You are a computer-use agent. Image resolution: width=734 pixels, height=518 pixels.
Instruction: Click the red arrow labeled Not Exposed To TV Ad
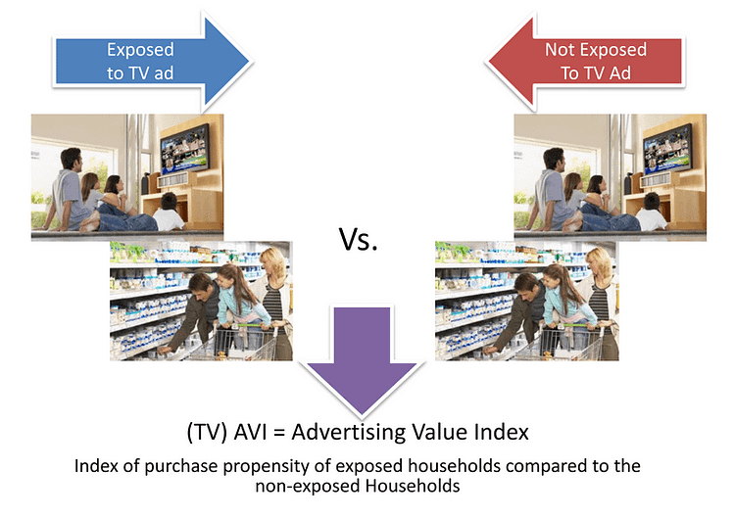[x=585, y=62]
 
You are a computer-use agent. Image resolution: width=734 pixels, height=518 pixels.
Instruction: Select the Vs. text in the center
[x=358, y=239]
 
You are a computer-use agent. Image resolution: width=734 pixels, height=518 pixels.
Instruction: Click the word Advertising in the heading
[x=347, y=433]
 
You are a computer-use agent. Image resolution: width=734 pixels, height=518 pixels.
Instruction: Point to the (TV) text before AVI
[x=207, y=432]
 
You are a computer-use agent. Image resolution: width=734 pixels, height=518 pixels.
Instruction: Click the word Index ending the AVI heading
[x=502, y=431]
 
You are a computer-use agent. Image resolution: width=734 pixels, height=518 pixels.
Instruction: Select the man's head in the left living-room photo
[x=72, y=160]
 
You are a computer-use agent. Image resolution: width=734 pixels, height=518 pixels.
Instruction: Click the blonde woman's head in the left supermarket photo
[x=273, y=263]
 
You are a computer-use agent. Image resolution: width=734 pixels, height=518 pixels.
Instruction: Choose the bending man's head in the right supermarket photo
[x=525, y=285]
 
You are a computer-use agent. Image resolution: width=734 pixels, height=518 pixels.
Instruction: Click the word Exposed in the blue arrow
[x=140, y=50]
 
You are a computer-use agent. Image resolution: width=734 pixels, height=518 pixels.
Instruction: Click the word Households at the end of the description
[x=413, y=486]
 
